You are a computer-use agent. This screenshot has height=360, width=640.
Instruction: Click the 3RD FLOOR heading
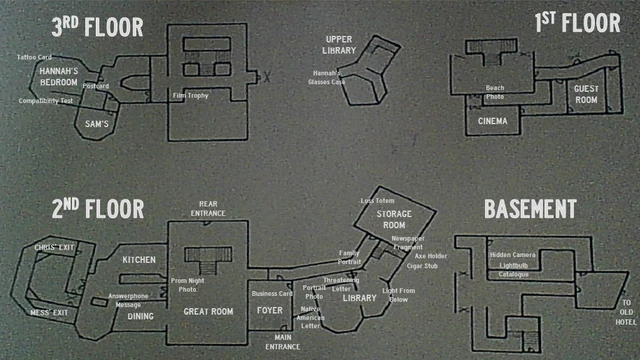coord(98,24)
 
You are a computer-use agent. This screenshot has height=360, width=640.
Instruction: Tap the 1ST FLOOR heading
coord(577,22)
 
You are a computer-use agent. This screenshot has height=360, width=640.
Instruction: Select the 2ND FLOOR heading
coord(97,208)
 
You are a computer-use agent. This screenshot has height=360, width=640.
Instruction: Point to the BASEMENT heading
coord(529,209)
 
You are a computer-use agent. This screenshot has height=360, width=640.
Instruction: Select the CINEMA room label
coord(492,122)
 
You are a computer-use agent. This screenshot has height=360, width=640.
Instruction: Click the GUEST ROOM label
coord(585,94)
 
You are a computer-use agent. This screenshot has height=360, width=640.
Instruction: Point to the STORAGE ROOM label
coord(393,220)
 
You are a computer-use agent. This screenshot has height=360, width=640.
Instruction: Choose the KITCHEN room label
coord(139,260)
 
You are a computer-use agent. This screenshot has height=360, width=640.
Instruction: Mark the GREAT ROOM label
coord(208,312)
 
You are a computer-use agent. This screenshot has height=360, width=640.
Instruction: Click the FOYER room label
coord(270,311)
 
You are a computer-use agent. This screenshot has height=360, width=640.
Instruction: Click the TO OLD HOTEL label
coord(627,313)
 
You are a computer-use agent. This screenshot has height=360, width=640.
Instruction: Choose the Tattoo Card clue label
coord(34,57)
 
